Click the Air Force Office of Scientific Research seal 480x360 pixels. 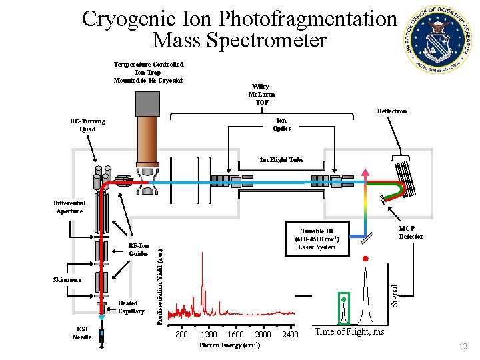point(437,37)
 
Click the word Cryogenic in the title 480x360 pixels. point(126,19)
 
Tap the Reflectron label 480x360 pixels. point(392,111)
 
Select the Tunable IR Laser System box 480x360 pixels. point(317,236)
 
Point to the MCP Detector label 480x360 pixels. point(411,232)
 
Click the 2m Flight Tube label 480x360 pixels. point(281,160)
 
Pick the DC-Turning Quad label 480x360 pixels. point(87,125)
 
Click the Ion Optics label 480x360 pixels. point(282,124)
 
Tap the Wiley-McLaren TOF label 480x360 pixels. point(262,95)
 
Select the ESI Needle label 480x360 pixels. point(81,333)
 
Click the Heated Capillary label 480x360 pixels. point(131,307)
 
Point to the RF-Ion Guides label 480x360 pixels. point(138,249)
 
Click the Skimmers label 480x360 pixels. point(67,279)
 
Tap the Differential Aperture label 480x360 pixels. point(69,207)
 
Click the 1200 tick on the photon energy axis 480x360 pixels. point(209,334)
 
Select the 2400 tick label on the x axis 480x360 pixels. point(290,334)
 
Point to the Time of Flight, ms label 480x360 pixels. point(349,332)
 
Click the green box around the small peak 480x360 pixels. point(344,308)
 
